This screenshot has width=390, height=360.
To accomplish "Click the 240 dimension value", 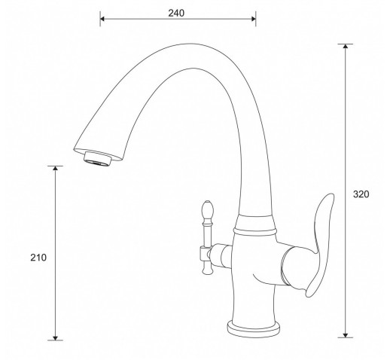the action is click(x=176, y=13).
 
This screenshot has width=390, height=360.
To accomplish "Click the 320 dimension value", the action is click(x=361, y=194).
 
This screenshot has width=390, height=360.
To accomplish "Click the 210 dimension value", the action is click(x=38, y=258).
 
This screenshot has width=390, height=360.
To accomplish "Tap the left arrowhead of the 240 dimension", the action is click(x=102, y=19).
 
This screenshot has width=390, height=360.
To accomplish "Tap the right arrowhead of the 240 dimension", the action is click(x=254, y=19).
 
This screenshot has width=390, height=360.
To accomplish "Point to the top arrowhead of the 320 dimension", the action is click(x=346, y=46).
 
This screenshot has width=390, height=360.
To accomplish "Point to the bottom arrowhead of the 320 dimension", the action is click(x=346, y=335).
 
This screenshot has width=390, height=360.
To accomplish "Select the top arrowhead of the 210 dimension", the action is click(x=55, y=168).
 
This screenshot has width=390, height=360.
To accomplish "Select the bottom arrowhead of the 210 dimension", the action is click(x=55, y=338).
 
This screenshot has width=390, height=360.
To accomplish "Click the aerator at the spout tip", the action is click(x=97, y=160).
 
